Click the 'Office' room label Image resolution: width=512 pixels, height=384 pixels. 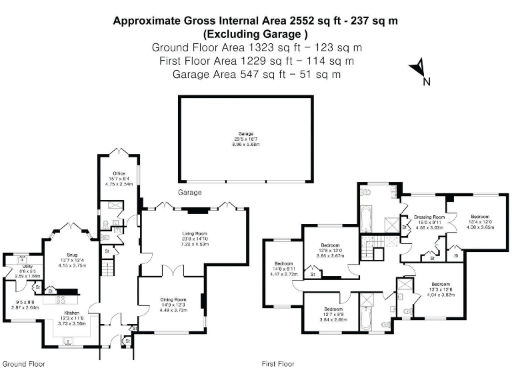click(119, 173)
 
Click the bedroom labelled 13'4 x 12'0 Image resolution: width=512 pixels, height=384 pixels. click(480, 217)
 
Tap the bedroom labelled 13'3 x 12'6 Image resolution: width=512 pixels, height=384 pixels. click(440, 284)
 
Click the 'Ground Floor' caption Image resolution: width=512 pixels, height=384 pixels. click(23, 365)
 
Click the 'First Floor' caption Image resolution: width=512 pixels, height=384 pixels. click(278, 365)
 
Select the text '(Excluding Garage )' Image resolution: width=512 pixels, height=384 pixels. click(256, 33)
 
